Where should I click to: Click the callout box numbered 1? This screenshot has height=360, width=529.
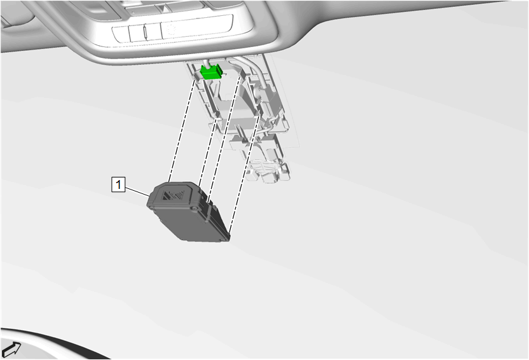pyautogui.click(x=118, y=184)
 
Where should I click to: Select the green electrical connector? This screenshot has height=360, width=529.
pyautogui.click(x=211, y=72)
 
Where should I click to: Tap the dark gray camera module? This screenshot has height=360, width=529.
pyautogui.click(x=188, y=212)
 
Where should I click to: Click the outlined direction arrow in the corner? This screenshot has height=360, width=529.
pyautogui.click(x=11, y=349)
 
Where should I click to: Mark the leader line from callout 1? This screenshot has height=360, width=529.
pyautogui.click(x=137, y=190)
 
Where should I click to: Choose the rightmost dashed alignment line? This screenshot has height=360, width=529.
pyautogui.click(x=244, y=174)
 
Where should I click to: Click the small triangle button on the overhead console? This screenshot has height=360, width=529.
pyautogui.click(x=162, y=8)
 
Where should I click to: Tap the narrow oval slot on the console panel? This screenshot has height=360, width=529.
pyautogui.click(x=145, y=32)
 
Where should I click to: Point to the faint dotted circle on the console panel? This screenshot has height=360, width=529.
pyautogui.click(x=172, y=29)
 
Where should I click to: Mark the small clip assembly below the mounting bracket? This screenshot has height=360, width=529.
pyautogui.click(x=268, y=171)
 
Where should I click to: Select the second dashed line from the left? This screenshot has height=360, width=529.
pyautogui.click(x=208, y=153)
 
